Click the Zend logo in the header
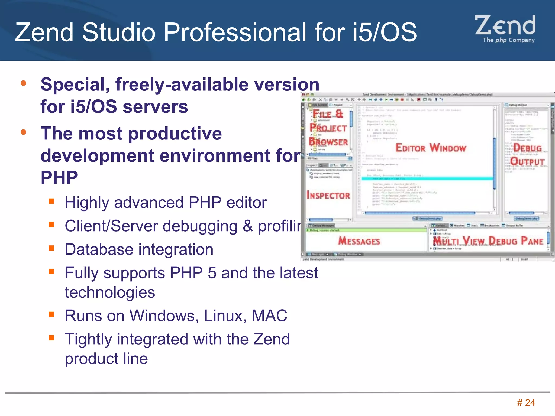(505, 26)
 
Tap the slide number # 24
(526, 403)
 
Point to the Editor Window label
(431, 148)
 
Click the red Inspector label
(328, 195)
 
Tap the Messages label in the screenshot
(359, 241)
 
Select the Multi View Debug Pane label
(488, 240)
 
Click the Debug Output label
(527, 155)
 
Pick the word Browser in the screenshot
(328, 142)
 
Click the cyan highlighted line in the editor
(427, 178)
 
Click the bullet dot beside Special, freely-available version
(24, 83)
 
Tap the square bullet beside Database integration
(51, 248)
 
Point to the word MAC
(269, 316)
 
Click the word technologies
(110, 292)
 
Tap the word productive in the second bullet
(175, 134)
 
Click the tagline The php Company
(508, 40)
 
